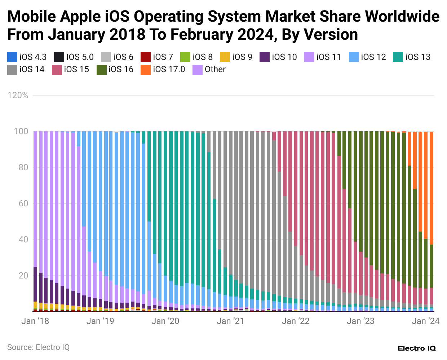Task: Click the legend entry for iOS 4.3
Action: tap(27, 57)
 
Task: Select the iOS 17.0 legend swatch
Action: tap(146, 69)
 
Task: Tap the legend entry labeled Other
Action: tap(209, 69)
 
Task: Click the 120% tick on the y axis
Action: tap(18, 95)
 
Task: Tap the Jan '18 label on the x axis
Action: tap(35, 321)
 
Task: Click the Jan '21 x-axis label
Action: tap(230, 321)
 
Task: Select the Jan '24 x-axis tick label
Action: tap(426, 321)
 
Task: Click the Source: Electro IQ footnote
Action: tap(38, 347)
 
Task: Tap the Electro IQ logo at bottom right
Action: tap(417, 348)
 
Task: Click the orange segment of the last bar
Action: tap(431, 188)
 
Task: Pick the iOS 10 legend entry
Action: tap(278, 57)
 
